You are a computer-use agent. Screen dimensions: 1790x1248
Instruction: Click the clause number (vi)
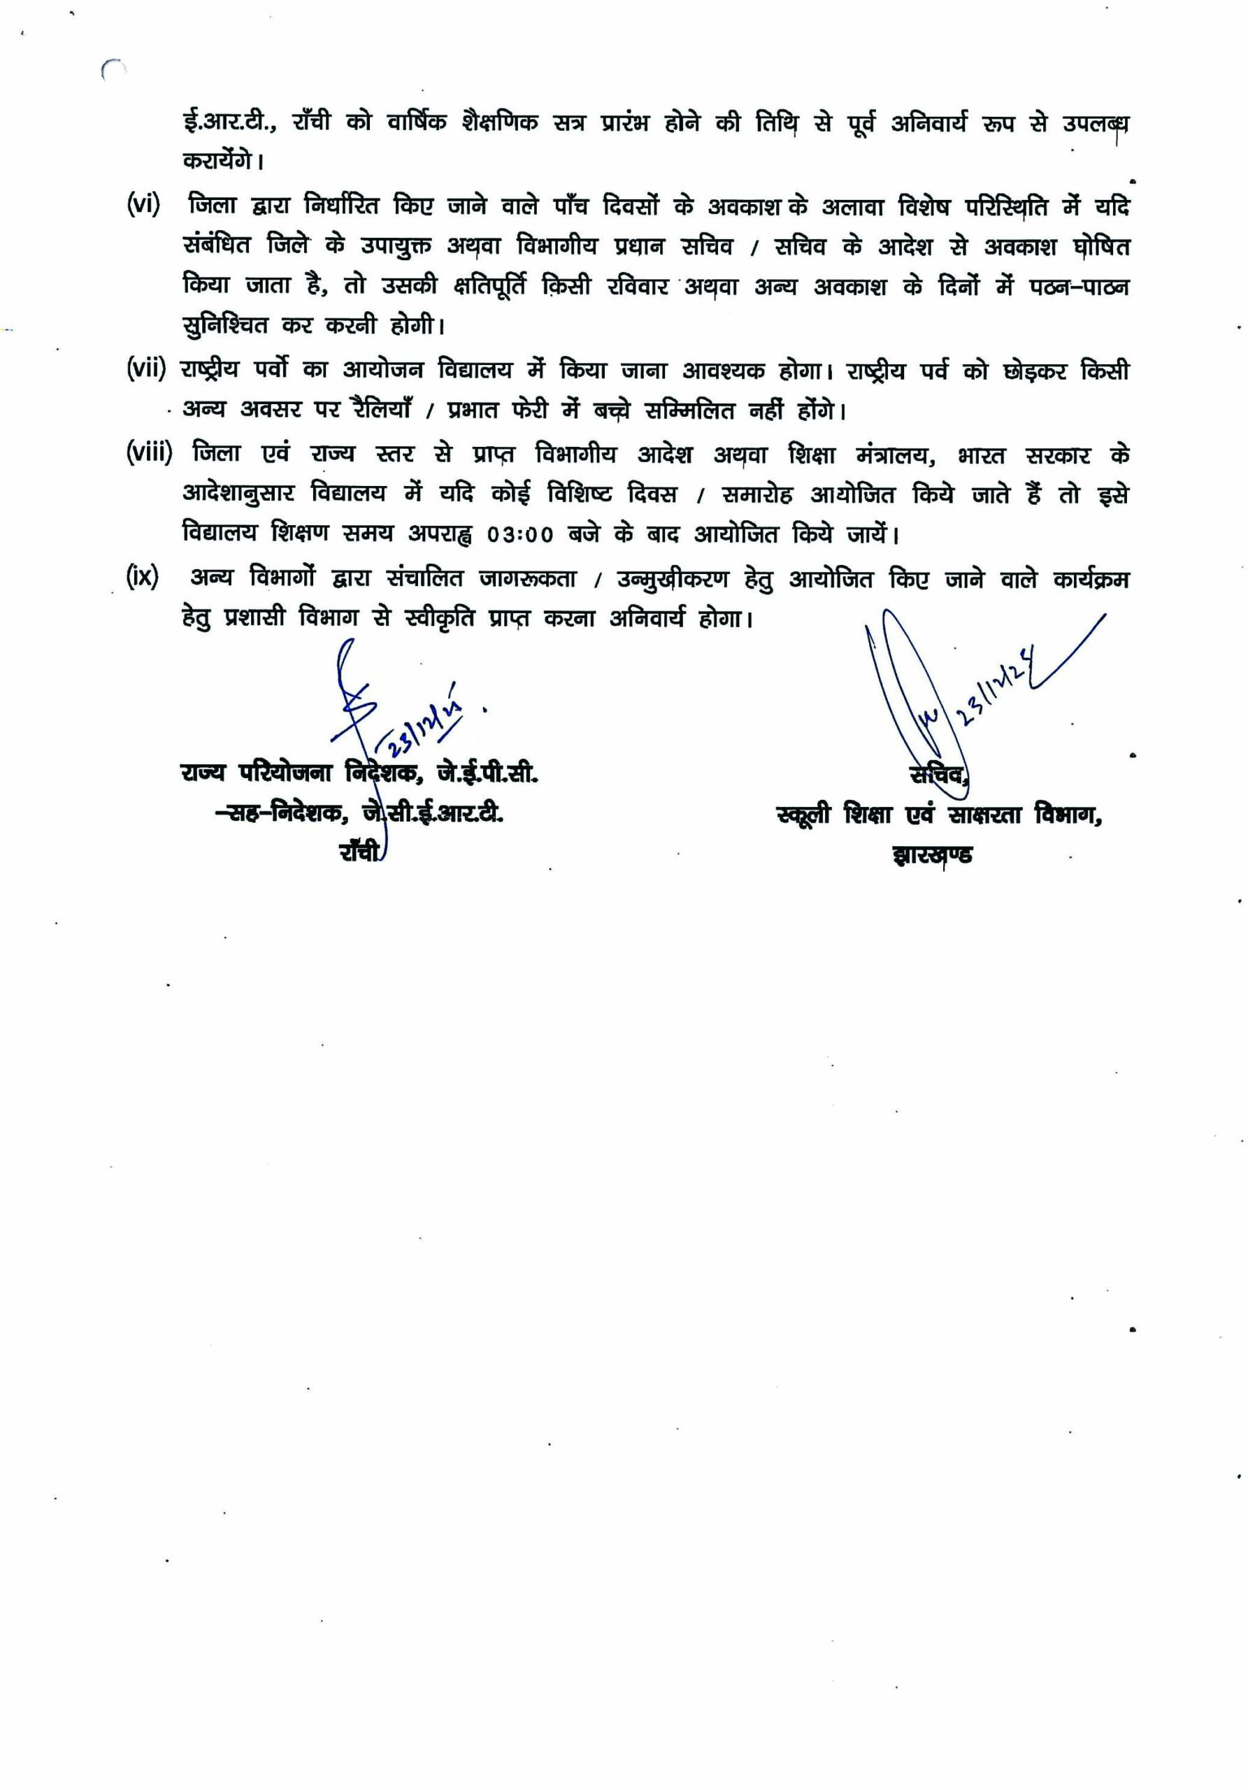tap(143, 206)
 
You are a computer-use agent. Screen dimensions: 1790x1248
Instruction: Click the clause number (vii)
tap(145, 368)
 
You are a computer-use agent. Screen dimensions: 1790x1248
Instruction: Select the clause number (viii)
tap(149, 453)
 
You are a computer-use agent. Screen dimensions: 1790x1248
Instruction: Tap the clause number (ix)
tap(142, 578)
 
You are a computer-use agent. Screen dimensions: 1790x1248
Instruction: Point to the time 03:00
tap(520, 535)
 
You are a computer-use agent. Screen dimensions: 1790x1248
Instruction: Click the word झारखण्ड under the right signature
tap(931, 854)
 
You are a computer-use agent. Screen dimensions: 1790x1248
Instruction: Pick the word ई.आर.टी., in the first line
tap(228, 123)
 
